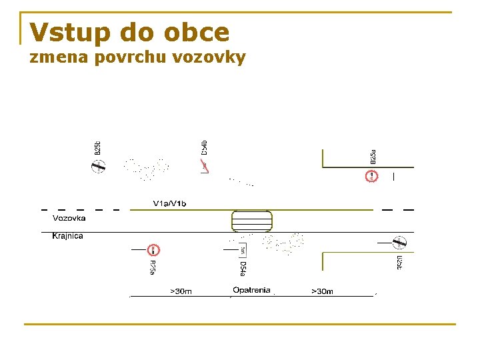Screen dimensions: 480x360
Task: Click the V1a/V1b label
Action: pyautogui.click(x=170, y=203)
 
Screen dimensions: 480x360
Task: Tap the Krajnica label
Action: pyautogui.click(x=68, y=236)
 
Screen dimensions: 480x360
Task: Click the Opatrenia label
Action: pyautogui.click(x=251, y=290)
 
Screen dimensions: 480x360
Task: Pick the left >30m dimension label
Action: pyautogui.click(x=181, y=291)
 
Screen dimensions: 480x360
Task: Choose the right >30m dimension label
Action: pyautogui.click(x=322, y=291)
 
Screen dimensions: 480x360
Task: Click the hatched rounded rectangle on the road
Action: pyautogui.click(x=251, y=220)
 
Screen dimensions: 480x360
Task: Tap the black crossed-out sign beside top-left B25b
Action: pyautogui.click(x=98, y=167)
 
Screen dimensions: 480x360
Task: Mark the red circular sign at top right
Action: pyautogui.click(x=371, y=177)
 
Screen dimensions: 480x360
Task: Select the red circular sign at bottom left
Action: pyautogui.click(x=153, y=250)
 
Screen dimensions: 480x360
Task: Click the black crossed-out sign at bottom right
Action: pyautogui.click(x=400, y=243)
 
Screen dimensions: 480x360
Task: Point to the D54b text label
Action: pyautogui.click(x=205, y=148)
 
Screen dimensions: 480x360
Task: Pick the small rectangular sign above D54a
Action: pyautogui.click(x=243, y=250)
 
